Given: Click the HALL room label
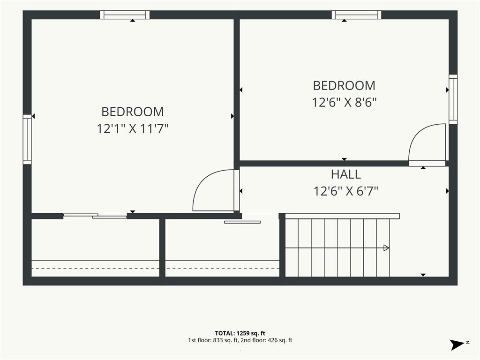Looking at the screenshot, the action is point(345,174).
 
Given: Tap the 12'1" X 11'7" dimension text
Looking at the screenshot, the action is point(133,128).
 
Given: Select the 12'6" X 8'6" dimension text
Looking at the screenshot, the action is point(344,102).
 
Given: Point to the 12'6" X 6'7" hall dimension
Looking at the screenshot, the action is point(345,191).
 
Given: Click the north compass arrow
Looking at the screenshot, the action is point(457,345).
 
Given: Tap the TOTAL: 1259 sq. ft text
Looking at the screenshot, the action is point(240,333).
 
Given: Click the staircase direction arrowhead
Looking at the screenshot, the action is point(386,247).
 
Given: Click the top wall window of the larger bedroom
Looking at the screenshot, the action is point(125,15).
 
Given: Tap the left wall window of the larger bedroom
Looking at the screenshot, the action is point(27,139).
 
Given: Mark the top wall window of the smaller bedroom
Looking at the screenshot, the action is point(357,15).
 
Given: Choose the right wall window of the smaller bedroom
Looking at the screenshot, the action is point(453,99).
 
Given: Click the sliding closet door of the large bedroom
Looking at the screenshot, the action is point(95,216).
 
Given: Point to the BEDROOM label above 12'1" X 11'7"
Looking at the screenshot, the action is point(133,112).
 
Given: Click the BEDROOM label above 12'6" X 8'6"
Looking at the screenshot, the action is point(344,86).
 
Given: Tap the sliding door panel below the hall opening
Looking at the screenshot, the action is point(242,222).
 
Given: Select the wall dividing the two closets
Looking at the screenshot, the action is point(163,247).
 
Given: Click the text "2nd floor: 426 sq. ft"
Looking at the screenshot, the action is point(266,340).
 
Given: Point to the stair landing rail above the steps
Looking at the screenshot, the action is point(342,216).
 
